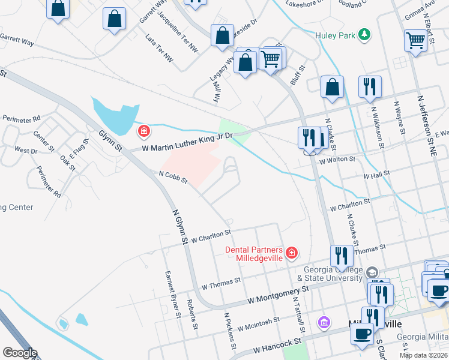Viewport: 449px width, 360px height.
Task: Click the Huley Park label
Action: coord(336,35)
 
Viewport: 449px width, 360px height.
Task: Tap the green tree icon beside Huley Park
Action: coord(363,34)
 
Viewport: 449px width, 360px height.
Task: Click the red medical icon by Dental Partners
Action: coord(292,253)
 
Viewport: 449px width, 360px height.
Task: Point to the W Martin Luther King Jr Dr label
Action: coord(190,141)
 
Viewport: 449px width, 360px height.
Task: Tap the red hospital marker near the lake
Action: coord(143,131)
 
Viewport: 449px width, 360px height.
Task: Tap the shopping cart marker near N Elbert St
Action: coord(415,41)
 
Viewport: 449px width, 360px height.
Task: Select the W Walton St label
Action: coord(337,160)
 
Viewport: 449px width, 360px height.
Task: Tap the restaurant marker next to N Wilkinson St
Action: coord(370,87)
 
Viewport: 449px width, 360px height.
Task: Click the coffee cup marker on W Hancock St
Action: coord(362,334)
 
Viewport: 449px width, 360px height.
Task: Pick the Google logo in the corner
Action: coord(20,353)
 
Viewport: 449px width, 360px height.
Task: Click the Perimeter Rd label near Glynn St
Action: coord(21,118)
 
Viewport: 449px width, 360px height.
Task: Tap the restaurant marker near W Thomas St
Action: coord(341,256)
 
